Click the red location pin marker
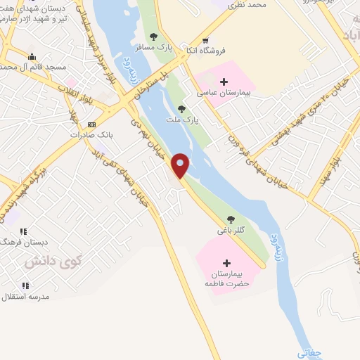click(181, 166)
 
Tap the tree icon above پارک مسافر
click(154, 37)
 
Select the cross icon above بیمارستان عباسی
click(224, 82)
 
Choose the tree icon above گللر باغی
click(231, 218)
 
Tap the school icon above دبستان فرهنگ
click(23, 231)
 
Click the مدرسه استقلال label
click(26, 297)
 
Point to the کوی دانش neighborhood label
click(53, 261)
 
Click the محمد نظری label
click(246, 5)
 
